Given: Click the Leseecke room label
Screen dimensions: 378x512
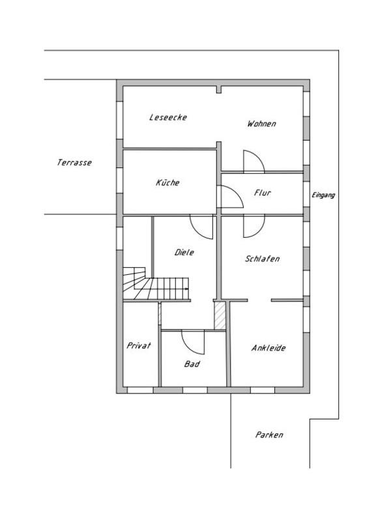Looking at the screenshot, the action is tap(168, 117).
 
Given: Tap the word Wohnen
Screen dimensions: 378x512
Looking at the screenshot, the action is tap(261, 124).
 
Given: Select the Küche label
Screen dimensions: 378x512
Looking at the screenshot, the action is tap(167, 182).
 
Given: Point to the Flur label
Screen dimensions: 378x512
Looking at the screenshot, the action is tap(263, 193).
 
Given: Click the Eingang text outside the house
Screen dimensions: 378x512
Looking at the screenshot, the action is tap(323, 195).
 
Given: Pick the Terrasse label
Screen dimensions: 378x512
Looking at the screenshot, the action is tap(74, 162).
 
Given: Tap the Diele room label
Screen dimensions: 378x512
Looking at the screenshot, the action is tap(184, 252).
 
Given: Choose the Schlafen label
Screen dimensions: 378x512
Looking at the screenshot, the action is tap(263, 259).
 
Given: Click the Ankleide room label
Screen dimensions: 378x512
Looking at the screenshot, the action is tap(269, 348).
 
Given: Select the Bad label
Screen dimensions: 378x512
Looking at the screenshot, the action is tap(192, 363).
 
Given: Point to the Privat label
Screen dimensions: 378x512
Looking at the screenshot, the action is tap(139, 345).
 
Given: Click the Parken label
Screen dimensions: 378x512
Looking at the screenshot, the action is tap(269, 434).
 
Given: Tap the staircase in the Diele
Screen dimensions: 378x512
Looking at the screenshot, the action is tap(156, 283).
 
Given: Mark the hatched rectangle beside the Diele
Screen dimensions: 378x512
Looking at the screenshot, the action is tap(220, 315).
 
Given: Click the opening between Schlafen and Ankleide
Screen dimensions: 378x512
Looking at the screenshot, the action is tap(259, 300).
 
